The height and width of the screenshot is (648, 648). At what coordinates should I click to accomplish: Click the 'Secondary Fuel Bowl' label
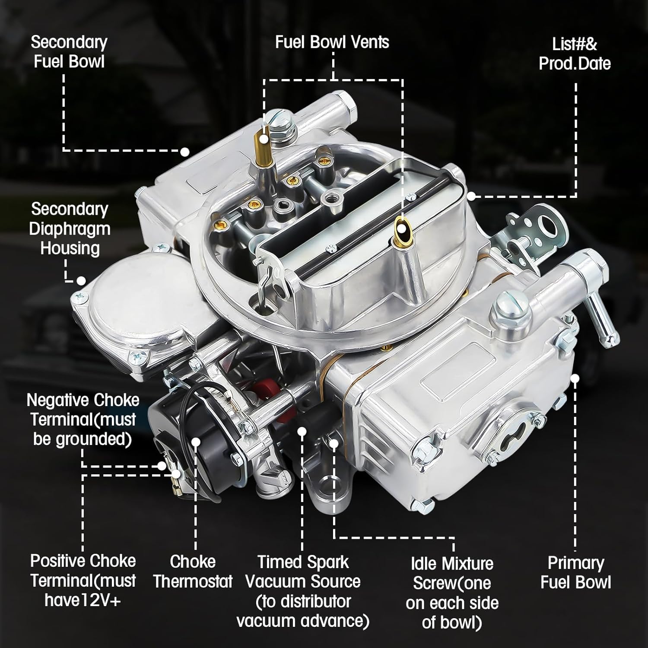click(69, 52)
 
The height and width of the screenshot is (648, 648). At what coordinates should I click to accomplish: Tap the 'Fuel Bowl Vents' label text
click(332, 42)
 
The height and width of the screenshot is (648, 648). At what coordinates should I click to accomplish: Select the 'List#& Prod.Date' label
click(575, 54)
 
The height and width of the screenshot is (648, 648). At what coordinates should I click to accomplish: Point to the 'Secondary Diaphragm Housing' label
click(69, 229)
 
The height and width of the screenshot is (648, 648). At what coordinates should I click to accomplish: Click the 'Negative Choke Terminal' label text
click(83, 419)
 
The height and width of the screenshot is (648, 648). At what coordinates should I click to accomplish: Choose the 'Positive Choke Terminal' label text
click(83, 580)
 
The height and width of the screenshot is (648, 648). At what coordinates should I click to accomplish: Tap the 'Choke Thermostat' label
click(193, 571)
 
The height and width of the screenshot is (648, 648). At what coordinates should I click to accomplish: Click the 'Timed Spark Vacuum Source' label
click(303, 591)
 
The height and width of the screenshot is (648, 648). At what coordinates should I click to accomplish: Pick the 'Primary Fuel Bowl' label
click(575, 572)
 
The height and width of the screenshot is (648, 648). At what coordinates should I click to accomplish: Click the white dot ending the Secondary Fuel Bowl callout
click(185, 152)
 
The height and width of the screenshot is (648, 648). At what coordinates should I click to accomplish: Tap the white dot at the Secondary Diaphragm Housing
click(81, 281)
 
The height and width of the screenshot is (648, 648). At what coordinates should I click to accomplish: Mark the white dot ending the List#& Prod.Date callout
click(471, 196)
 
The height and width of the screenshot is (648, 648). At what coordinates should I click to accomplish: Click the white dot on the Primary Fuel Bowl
click(575, 378)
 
